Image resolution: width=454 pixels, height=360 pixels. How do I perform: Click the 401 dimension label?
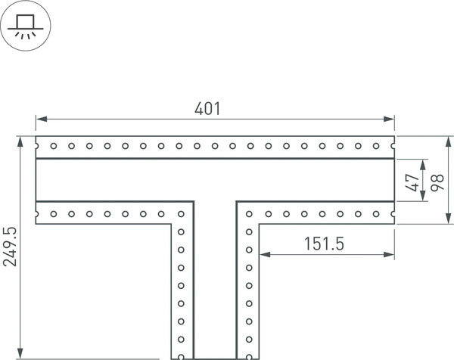[x=207, y=109]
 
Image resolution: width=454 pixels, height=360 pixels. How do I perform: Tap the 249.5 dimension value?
[x=10, y=247]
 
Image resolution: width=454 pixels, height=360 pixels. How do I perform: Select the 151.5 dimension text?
[x=324, y=244]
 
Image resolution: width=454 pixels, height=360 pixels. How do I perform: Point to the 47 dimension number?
[x=412, y=182]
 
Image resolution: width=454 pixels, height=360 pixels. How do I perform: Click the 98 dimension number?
[x=437, y=182]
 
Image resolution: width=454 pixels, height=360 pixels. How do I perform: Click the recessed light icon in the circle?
[x=26, y=26]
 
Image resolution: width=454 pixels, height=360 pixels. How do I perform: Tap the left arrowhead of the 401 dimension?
[x=42, y=119]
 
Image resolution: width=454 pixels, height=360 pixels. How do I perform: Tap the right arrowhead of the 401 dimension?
[x=389, y=119]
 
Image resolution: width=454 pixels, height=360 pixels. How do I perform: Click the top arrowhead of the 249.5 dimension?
[x=20, y=141]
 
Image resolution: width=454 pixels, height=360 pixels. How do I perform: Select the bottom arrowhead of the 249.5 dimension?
[x=20, y=353]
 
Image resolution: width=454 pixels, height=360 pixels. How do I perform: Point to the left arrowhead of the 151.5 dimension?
[x=266, y=255]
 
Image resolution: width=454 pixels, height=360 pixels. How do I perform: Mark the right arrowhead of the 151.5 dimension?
[x=389, y=255]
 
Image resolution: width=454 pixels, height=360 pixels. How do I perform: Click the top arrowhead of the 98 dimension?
[x=449, y=141]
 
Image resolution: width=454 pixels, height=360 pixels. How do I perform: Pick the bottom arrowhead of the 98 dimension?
[x=449, y=218]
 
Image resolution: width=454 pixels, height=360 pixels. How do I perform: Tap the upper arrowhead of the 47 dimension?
[x=423, y=165]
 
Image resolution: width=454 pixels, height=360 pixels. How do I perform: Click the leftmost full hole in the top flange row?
[x=54, y=146]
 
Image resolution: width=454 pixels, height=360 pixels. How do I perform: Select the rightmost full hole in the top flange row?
[x=376, y=146]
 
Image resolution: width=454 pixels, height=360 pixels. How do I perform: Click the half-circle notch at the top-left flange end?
[x=37, y=146]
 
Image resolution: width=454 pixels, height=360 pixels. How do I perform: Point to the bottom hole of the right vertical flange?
[x=249, y=357]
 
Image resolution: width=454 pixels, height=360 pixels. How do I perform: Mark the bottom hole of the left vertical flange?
[x=181, y=357]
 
